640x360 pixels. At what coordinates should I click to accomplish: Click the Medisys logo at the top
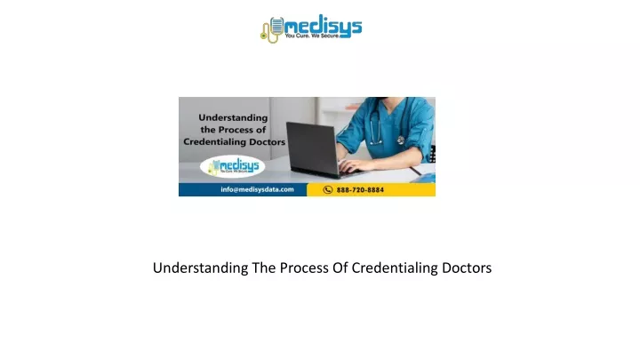tap(311, 28)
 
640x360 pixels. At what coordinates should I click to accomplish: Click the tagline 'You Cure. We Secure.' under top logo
tap(312, 36)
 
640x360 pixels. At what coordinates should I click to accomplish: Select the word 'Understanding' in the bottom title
tap(200, 268)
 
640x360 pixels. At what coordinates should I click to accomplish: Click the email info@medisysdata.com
tap(257, 189)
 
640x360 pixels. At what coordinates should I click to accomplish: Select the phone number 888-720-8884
tap(360, 190)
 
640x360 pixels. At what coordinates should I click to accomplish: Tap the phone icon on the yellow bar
tap(328, 190)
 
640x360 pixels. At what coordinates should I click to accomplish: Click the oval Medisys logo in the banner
tap(232, 166)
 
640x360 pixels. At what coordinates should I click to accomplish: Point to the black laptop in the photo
tap(315, 149)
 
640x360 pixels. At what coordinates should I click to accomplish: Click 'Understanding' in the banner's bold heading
tap(233, 118)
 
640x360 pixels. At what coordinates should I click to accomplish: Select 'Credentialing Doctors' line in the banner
tap(235, 142)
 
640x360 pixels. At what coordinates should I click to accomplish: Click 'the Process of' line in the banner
tap(233, 130)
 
